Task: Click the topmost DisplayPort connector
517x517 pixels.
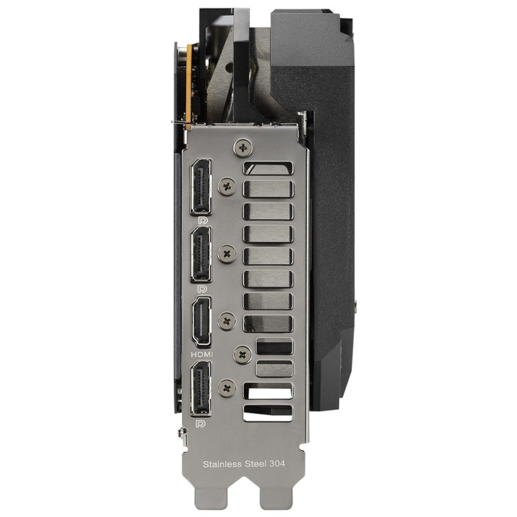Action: (x=201, y=187)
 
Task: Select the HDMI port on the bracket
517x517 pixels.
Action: (x=201, y=321)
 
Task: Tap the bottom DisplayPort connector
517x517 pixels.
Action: (x=201, y=388)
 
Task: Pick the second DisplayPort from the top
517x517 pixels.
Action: (x=201, y=254)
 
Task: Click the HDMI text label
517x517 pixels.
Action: (x=202, y=355)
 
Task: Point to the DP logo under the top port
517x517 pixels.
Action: (x=202, y=221)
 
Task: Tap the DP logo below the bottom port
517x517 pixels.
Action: (x=200, y=423)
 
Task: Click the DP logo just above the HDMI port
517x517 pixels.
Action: (x=202, y=289)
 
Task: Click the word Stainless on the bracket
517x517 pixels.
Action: (x=222, y=464)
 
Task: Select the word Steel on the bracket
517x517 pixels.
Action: (x=256, y=464)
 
